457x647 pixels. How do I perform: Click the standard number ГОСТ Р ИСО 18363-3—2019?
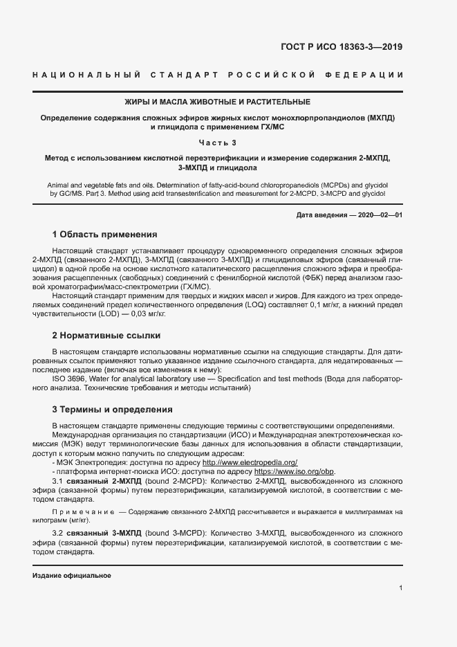coord(341,48)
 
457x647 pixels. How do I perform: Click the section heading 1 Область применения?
coord(104,235)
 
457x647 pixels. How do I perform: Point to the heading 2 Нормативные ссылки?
coord(106,336)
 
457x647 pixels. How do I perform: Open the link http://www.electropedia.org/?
coord(250,462)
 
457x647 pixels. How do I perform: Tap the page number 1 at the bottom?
coord(400,587)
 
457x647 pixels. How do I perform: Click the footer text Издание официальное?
coord(71,576)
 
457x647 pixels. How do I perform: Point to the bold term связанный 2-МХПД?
coord(104,480)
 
